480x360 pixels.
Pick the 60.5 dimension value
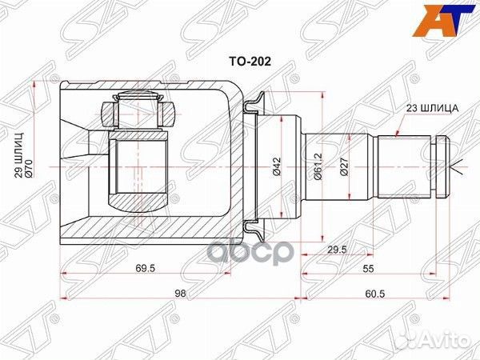coord(374,294)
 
